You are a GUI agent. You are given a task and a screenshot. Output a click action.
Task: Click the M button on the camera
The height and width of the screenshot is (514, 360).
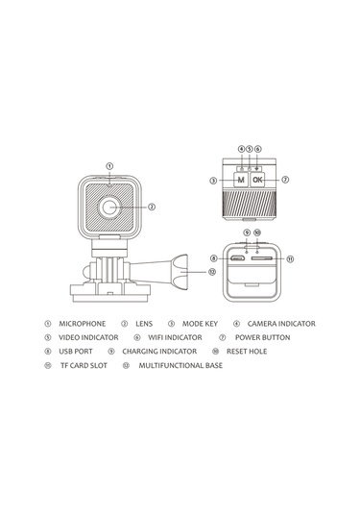pos(241,180)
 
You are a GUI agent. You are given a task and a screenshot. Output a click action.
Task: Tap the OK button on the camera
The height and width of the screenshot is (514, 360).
pos(257,180)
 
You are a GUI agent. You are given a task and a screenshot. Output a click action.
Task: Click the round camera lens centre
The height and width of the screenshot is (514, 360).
pos(108,207)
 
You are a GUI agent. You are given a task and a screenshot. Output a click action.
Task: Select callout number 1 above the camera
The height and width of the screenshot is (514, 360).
pos(110,166)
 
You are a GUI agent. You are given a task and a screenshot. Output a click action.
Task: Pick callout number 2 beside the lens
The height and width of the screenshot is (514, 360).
pos(152,207)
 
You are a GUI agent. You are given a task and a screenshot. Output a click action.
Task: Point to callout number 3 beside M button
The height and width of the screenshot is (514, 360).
pos(213,181)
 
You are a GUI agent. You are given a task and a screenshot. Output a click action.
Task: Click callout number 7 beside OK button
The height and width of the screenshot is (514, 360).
pos(285,180)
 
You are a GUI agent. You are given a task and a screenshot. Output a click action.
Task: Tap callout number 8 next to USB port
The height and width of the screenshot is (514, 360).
pos(214,258)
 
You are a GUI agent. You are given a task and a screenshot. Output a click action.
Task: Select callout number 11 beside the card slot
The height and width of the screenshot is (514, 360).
pos(290,259)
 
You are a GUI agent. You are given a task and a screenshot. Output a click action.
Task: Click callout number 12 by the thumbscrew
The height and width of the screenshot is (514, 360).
pos(212,272)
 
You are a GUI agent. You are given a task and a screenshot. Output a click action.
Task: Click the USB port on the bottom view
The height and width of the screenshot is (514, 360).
pos(237,258)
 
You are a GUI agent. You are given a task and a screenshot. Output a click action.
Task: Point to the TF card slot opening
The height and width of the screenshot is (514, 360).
pos(262,258)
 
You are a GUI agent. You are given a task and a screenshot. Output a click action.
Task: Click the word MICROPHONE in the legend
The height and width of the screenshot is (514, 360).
pos(83,324)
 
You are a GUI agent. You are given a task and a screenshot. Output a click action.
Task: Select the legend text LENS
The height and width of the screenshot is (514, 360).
pos(144,324)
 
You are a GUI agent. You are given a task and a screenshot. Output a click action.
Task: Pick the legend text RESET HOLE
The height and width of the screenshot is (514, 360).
pos(247,352)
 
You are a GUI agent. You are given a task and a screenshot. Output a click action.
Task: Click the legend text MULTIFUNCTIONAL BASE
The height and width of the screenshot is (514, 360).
pos(180,365)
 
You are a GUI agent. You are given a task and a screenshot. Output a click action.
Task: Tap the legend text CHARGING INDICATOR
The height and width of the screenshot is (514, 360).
pos(159,352)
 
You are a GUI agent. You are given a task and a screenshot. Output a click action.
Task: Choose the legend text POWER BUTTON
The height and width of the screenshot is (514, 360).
pos(262,337)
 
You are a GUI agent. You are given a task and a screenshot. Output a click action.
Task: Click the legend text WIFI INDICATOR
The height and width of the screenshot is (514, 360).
pos(175,337)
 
